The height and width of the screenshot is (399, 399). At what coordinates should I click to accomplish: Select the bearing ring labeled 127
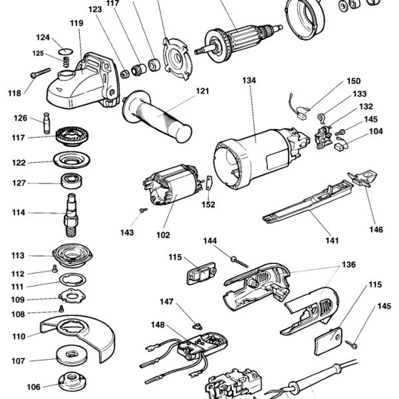69,181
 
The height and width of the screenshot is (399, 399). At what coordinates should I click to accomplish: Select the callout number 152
208,205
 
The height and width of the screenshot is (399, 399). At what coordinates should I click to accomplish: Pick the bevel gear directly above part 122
68,138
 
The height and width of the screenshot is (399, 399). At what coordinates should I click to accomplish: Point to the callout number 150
353,82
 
